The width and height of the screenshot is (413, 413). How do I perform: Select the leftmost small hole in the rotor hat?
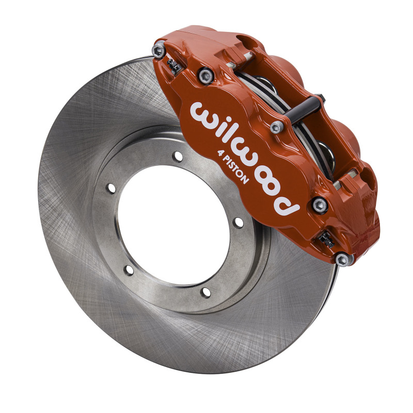pyautogui.click(x=110, y=187)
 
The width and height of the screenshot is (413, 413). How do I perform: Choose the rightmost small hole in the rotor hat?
pyautogui.click(x=238, y=223)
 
